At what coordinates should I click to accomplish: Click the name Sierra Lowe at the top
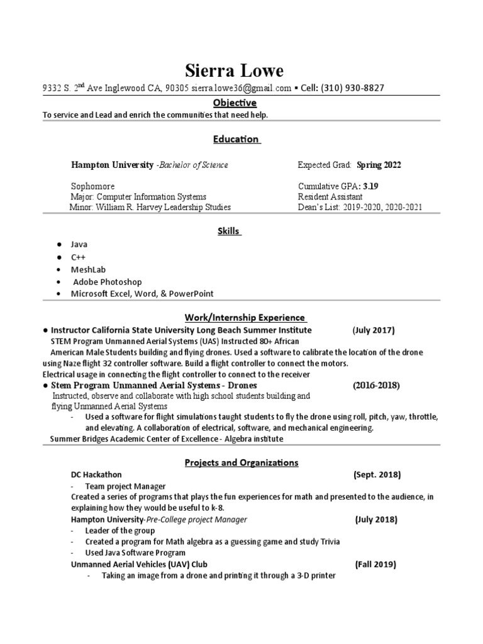click(234, 70)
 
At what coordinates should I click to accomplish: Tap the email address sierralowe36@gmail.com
click(241, 88)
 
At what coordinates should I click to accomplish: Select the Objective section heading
click(233, 103)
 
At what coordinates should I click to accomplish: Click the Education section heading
click(236, 139)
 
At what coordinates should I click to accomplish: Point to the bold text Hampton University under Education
click(112, 165)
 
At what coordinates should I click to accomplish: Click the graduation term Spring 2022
click(379, 165)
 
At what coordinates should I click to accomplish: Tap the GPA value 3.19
click(370, 187)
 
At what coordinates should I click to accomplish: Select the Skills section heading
click(228, 231)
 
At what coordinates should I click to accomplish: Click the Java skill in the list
click(79, 244)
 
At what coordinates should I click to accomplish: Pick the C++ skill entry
click(79, 257)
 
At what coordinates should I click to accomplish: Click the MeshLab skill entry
click(88, 269)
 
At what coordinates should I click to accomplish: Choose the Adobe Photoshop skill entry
click(108, 282)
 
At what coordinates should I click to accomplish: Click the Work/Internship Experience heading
click(245, 318)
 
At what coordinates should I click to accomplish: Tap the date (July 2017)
click(374, 330)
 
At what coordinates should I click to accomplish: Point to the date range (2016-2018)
click(376, 385)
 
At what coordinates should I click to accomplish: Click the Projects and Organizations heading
click(241, 462)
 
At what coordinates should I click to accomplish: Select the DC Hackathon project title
click(96, 475)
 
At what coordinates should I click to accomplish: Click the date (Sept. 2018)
click(377, 475)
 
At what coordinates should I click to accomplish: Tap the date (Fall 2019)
click(375, 564)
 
